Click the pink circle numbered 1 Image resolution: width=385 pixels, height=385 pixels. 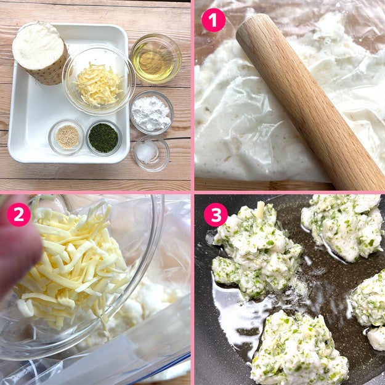click(213, 20)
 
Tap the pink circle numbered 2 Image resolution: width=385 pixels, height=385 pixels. click(18, 214)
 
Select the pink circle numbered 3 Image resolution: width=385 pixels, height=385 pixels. click(216, 215)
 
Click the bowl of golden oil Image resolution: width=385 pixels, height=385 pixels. click(156, 59)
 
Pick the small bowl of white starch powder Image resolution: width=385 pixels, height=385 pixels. click(152, 113)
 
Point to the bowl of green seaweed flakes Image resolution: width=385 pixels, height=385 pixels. click(103, 138)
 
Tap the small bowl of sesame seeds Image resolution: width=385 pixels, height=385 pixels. click(67, 137)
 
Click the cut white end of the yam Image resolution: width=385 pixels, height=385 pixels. click(38, 46)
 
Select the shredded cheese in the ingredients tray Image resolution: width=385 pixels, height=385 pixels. click(98, 84)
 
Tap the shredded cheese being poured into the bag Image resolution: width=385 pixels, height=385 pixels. click(71, 265)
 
